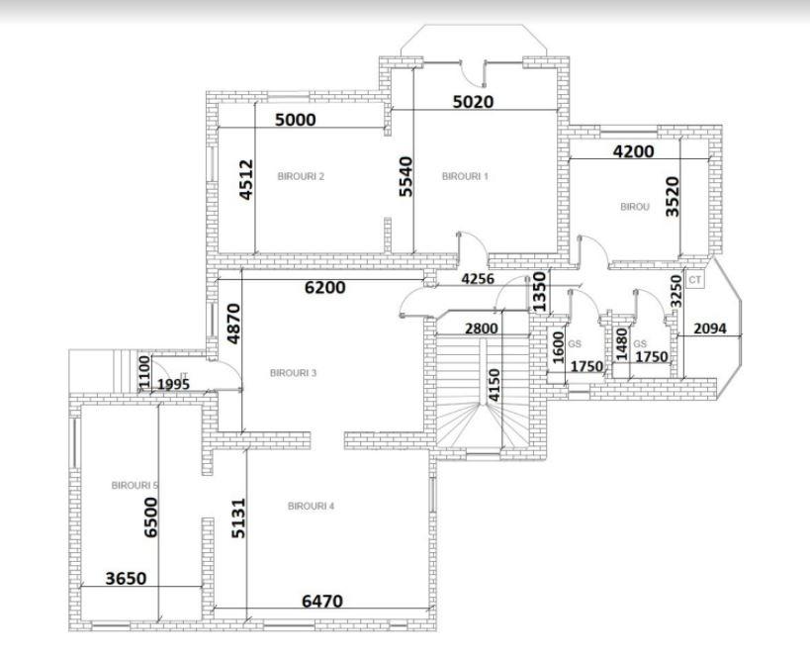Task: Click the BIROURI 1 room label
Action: coord(465,176)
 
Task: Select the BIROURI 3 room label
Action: coord(293,373)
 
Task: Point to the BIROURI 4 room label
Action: coord(311,506)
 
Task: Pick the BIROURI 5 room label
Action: coord(135,486)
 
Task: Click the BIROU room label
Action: coord(634,207)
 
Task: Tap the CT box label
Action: coord(694,281)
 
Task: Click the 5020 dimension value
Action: coord(473,101)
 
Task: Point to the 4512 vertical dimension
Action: coord(247,180)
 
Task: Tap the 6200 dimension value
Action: coord(324,287)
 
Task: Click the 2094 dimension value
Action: coord(710,328)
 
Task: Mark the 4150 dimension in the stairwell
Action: coord(493,385)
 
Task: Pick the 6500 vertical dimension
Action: coord(151,517)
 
